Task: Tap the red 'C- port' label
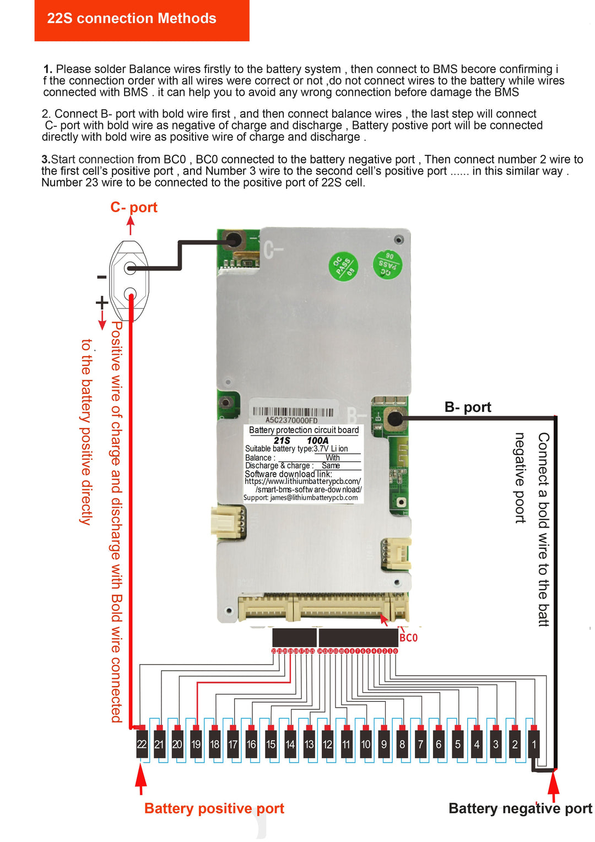tap(134, 208)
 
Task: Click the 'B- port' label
tap(468, 407)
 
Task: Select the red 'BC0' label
tap(408, 638)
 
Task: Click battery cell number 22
tap(142, 744)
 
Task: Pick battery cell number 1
tap(533, 744)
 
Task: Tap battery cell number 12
tap(327, 744)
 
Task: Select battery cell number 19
tap(196, 744)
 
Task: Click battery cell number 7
tap(420, 744)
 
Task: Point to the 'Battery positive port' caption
tap(214, 808)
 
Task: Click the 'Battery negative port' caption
tap(520, 808)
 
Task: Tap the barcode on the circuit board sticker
tap(293, 412)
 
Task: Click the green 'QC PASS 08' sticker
tap(343, 267)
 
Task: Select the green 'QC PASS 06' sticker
tap(387, 264)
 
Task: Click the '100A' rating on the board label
tap(317, 441)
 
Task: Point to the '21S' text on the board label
tap(282, 441)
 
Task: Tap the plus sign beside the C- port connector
tap(102, 302)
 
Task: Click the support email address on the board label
tap(313, 498)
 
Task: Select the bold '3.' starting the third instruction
tap(46, 160)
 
